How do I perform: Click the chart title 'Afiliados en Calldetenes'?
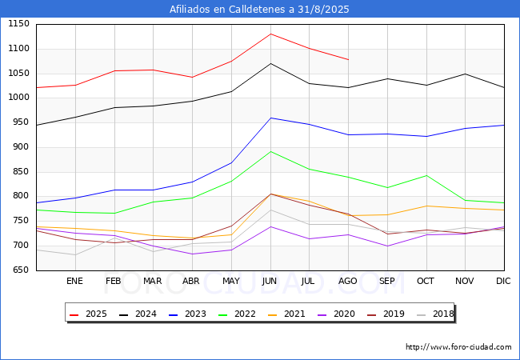(229, 10)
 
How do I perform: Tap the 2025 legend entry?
(88, 314)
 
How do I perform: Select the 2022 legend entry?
(237, 314)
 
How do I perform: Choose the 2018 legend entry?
(435, 314)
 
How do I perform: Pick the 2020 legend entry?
(336, 314)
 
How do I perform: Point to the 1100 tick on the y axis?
(18, 48)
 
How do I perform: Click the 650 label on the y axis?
(22, 270)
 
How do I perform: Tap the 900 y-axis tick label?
(22, 147)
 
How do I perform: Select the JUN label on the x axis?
(270, 281)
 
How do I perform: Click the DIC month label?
(503, 281)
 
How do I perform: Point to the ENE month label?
(74, 281)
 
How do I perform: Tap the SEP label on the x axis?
(386, 281)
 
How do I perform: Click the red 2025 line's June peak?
(270, 34)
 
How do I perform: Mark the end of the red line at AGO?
(348, 60)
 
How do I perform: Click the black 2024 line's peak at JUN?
(270, 63)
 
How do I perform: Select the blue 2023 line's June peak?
(270, 118)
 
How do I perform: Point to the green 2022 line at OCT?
(426, 175)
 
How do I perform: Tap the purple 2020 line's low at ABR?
(192, 254)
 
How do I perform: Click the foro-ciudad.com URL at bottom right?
(458, 347)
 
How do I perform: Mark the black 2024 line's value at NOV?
(466, 74)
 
